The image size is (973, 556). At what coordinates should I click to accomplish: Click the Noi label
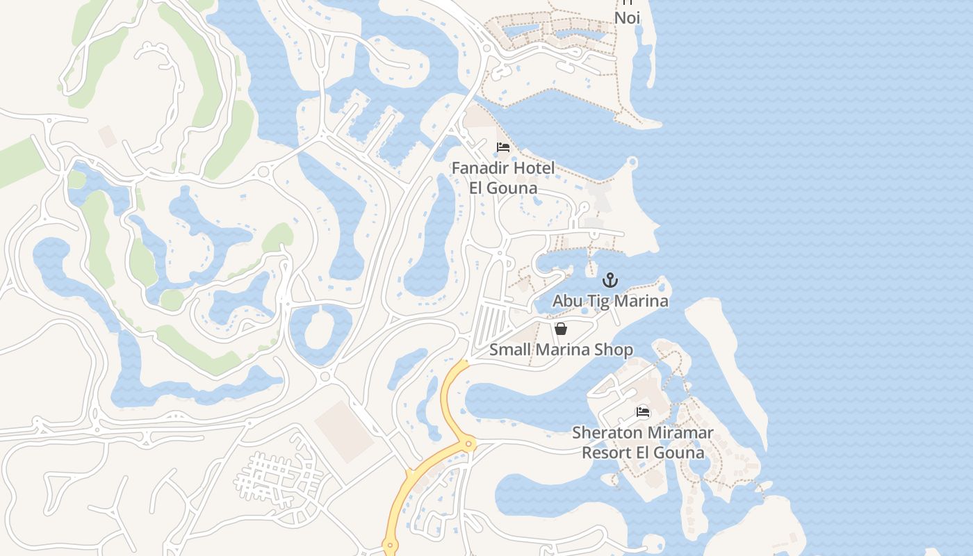[627, 17]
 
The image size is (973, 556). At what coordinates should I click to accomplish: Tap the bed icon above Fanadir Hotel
[503, 147]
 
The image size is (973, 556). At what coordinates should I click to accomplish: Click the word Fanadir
[480, 168]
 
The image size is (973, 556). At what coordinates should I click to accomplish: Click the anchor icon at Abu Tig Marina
[610, 281]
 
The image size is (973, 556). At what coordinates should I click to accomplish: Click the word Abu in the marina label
[566, 301]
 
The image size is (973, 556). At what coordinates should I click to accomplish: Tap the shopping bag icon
[561, 329]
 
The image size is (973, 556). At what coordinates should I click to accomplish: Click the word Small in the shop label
[508, 350]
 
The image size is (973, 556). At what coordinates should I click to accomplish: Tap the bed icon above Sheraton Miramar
[643, 412]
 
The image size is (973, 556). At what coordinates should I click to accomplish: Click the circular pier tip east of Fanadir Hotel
[632, 163]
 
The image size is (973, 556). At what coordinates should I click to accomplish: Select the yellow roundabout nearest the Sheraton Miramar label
[469, 443]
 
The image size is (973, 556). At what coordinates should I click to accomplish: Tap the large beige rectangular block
[345, 432]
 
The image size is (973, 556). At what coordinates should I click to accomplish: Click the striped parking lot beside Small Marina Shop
[491, 325]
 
